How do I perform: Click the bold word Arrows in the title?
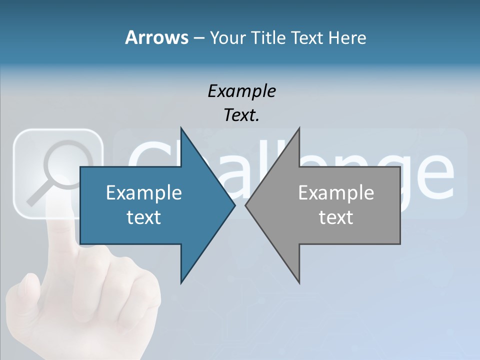coord(156,37)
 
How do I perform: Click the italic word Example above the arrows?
coord(241,91)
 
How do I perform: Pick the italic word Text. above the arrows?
coord(241,115)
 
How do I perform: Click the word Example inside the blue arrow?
coord(144,192)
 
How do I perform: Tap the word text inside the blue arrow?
coord(144,217)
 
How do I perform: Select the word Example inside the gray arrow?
coord(336,192)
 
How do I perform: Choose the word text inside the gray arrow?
coord(336,217)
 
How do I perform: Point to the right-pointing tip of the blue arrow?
coord(234,205)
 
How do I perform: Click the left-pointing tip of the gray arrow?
coord(246,205)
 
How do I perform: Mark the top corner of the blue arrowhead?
coord(181,128)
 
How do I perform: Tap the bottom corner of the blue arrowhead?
coord(181,282)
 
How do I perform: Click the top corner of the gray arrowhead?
coord(299,128)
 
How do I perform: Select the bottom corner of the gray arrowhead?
coord(299,282)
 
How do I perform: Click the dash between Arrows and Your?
coord(198,38)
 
